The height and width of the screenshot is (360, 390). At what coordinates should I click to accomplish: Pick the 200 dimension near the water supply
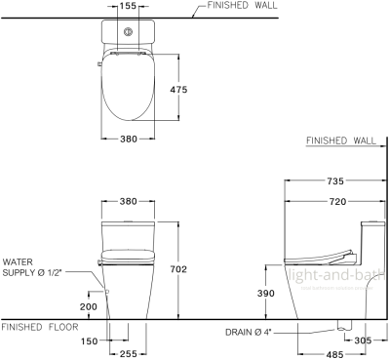coord(89,305)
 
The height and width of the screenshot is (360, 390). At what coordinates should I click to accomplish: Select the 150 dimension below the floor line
coord(91,341)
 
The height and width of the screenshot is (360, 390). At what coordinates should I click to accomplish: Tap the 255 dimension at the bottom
coord(127,354)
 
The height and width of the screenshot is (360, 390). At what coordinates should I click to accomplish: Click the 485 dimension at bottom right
coord(333,355)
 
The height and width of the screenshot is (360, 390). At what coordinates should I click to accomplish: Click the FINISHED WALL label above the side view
coord(341,141)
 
